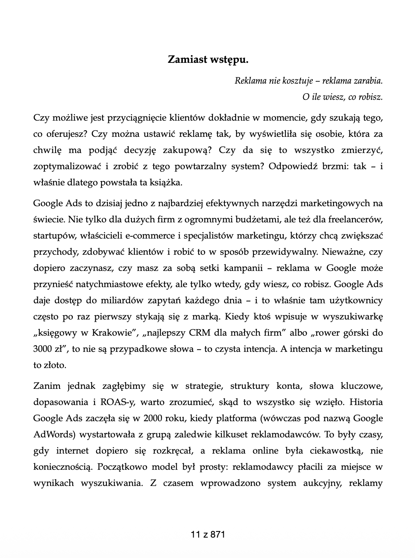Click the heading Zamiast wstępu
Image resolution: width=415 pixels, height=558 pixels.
point(207,60)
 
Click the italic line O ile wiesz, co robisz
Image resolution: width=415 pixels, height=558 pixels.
point(342,97)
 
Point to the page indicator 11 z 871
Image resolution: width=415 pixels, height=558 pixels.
point(207,534)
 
